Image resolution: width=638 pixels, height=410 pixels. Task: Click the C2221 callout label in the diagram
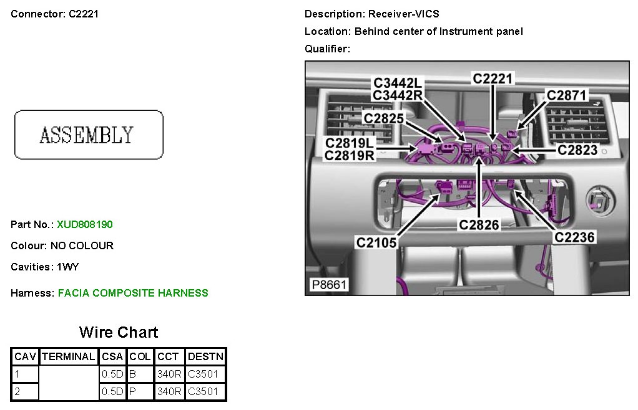493,79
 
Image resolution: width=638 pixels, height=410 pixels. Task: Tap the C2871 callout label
567,95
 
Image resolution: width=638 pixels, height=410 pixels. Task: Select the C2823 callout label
577,150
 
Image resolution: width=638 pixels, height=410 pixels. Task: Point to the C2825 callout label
384,118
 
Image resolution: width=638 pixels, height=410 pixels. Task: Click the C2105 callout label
376,242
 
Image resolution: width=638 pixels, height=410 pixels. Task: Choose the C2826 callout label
479,224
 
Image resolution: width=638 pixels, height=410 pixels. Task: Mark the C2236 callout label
575,237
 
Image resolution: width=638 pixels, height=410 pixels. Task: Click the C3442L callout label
398,82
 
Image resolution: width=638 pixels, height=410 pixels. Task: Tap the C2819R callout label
350,156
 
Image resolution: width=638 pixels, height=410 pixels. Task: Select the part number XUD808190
85,224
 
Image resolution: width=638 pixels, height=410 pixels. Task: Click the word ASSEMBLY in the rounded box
87,135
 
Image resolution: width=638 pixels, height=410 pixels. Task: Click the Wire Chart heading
119,332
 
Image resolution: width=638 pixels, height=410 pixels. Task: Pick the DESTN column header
205,357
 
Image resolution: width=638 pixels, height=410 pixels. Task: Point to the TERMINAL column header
69,357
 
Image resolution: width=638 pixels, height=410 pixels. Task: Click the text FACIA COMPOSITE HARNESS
133,293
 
